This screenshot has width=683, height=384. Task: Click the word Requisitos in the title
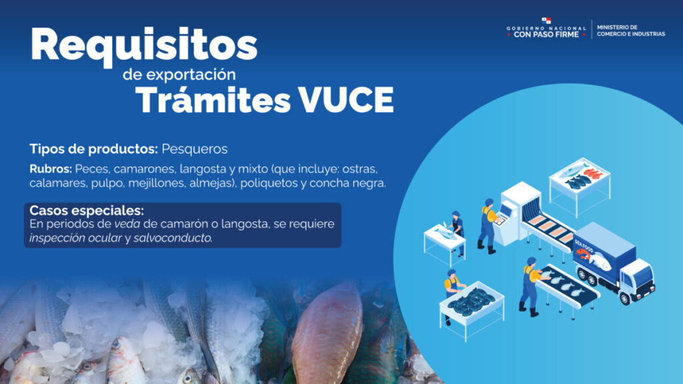[144, 46]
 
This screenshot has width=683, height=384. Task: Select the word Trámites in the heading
[213, 100]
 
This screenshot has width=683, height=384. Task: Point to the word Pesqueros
[195, 149]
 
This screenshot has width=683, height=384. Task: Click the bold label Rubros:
[51, 169]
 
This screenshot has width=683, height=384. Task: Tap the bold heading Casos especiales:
[87, 210]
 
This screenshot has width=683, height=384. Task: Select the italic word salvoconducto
[173, 238]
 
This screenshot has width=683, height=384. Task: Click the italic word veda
[127, 224]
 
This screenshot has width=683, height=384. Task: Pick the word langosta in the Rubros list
[200, 169]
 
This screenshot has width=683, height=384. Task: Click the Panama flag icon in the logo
[546, 21]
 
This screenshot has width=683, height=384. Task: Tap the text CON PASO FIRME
[546, 35]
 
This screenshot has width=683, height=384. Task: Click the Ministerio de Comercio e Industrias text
[631, 31]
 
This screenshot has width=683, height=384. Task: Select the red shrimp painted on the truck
[583, 254]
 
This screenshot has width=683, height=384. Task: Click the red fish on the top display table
[593, 174]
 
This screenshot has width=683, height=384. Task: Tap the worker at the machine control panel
[488, 226]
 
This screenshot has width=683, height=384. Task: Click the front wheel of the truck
[624, 298]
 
